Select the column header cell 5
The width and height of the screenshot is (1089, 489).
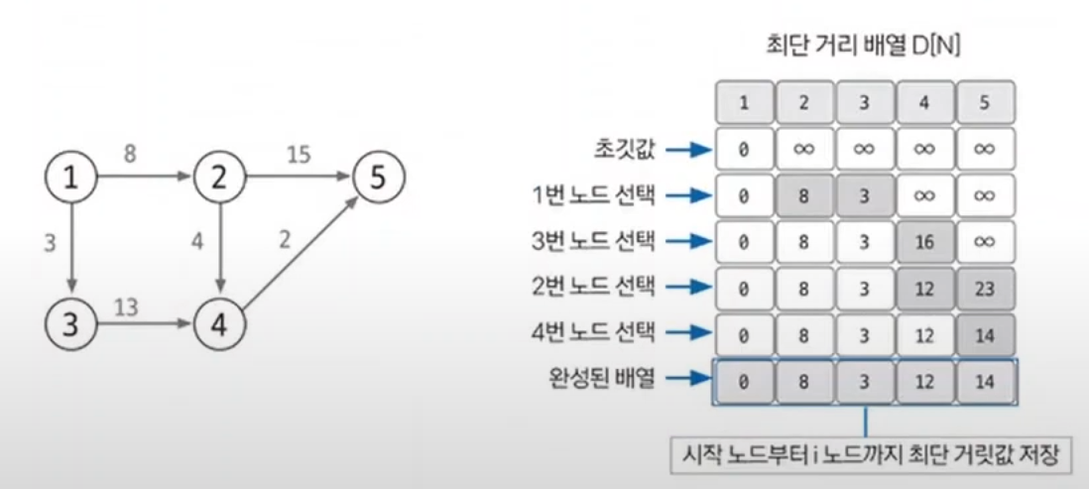985,102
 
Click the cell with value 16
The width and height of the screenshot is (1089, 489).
924,242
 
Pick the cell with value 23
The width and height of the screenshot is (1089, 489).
985,289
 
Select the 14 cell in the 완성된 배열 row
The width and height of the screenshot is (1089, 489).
985,381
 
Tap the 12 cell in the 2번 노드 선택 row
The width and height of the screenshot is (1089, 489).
924,289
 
